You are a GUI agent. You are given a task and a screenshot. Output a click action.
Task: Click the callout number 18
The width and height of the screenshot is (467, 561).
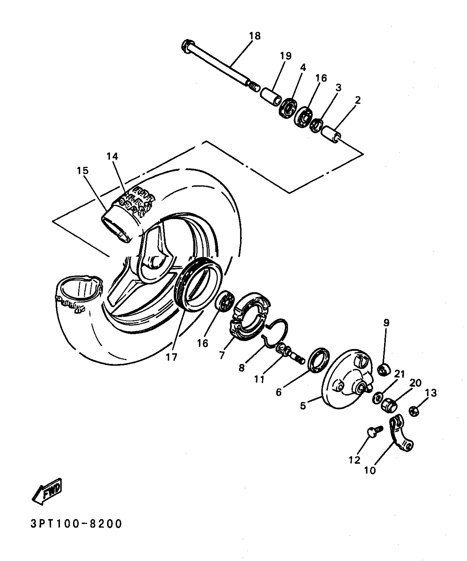point(255,36)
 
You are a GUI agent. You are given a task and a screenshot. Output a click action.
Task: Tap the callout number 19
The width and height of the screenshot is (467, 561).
point(285,56)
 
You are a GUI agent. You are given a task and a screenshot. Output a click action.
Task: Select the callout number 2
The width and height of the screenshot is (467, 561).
point(357,100)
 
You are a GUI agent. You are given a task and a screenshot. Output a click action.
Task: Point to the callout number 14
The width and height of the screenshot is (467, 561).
point(112,156)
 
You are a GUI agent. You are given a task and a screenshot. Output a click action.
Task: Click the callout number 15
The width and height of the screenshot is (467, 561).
point(83,171)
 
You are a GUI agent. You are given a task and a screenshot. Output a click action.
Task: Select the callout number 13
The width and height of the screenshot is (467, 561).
point(431,393)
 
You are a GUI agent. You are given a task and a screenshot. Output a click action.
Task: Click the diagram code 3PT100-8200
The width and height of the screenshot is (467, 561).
point(76,524)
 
